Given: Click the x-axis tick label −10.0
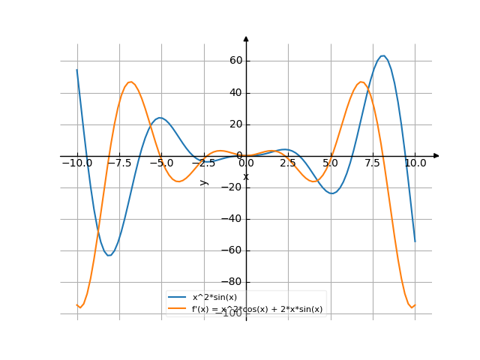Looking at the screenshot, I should click(x=77, y=163).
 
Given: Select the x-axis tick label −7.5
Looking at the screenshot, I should click(x=119, y=163).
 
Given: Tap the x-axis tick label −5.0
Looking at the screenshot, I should click(x=161, y=163).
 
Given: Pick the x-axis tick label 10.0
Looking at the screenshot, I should click(x=415, y=163).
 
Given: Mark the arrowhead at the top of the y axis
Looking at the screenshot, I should click(x=246, y=37).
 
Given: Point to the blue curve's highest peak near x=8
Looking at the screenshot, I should click(x=383, y=55).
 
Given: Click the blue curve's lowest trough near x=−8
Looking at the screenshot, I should click(x=109, y=256).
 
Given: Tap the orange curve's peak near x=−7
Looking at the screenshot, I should click(x=130, y=82).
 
